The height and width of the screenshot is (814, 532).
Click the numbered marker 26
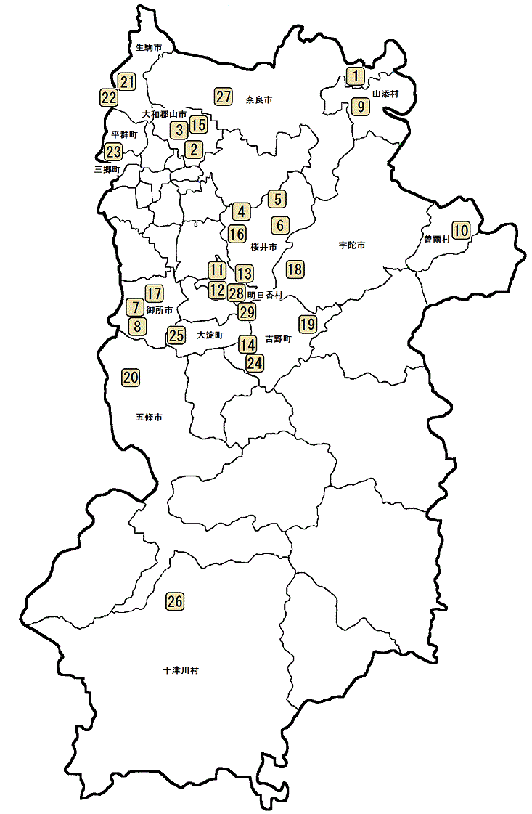click(x=175, y=601)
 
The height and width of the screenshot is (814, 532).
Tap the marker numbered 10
click(x=462, y=230)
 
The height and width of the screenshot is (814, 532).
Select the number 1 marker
click(x=354, y=75)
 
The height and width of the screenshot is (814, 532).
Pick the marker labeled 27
click(x=223, y=96)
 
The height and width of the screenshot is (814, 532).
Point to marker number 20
click(x=131, y=378)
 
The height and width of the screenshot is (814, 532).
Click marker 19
click(x=308, y=323)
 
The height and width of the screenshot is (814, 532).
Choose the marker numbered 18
click(x=295, y=269)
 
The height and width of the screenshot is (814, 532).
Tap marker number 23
click(x=113, y=152)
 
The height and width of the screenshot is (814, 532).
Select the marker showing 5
click(x=277, y=198)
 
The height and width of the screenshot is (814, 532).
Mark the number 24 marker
click(x=254, y=362)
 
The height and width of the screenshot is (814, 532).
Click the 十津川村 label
click(x=181, y=670)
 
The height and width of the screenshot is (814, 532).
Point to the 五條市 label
click(x=149, y=418)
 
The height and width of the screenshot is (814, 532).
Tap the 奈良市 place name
click(x=258, y=99)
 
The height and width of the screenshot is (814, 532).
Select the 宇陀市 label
click(x=351, y=245)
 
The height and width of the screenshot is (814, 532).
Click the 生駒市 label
click(x=148, y=48)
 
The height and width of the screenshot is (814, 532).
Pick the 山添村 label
click(x=385, y=94)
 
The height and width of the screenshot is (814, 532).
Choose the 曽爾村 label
click(x=436, y=238)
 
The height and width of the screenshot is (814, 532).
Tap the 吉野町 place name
click(x=278, y=339)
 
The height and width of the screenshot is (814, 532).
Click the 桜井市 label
click(x=263, y=247)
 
